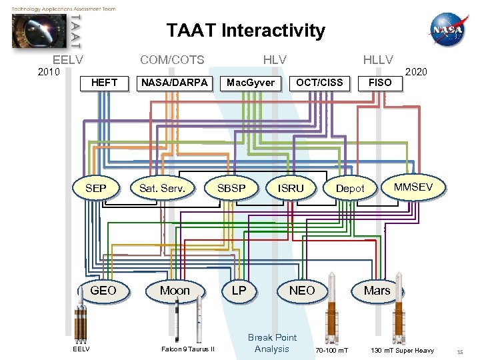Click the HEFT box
pos(104,83)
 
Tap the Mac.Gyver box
pos(251,83)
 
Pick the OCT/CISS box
pos(319,83)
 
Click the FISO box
pos(380,83)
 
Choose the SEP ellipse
pos(96,189)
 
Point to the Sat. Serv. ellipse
pos(163,189)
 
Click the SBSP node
pos(231,189)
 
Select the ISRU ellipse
pos(291,189)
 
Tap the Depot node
pos(350,189)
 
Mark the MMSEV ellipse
pos(413,187)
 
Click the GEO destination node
pos(103,290)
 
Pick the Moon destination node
pos(175,290)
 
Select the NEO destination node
pos(302,290)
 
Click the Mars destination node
pos(377,290)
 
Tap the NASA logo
pos(448,31)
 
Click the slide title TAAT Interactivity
pos(245,31)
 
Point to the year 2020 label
pos(416,71)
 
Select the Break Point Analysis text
pos(272,343)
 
